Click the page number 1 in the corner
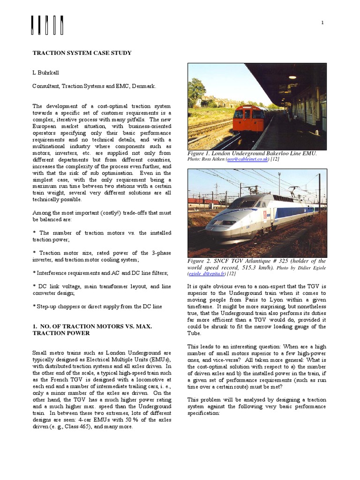322,23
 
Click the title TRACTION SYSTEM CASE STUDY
82,53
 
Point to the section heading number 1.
34,325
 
